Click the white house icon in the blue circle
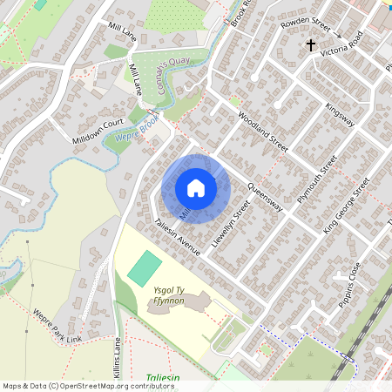(x=196, y=188)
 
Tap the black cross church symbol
(x=310, y=44)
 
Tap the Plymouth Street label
(x=316, y=179)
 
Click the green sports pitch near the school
(x=145, y=267)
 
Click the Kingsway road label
(x=340, y=116)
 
